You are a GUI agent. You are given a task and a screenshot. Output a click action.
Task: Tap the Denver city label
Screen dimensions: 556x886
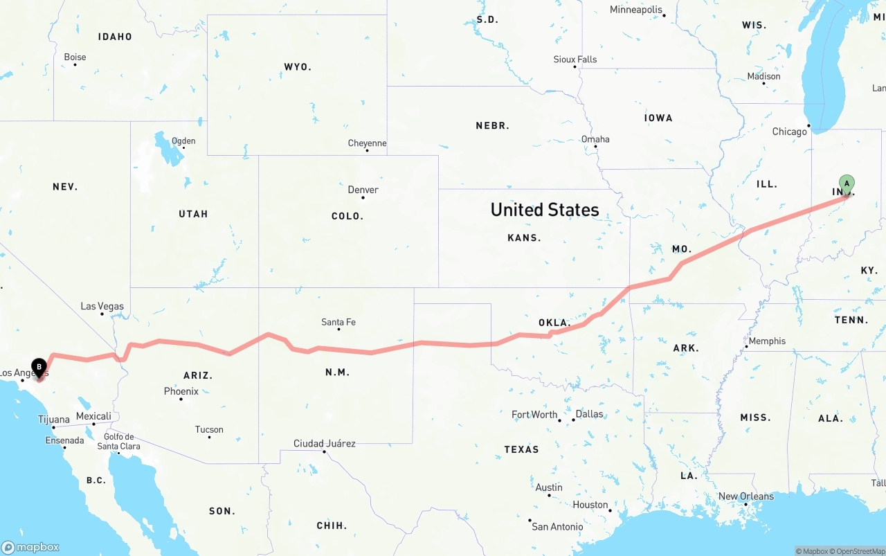coord(363,190)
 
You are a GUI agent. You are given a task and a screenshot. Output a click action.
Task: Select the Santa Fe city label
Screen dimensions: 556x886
coord(338,322)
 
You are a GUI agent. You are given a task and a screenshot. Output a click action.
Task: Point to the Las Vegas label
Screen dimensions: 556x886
coord(102,306)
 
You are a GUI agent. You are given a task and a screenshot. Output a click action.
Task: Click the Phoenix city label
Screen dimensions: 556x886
coord(181,391)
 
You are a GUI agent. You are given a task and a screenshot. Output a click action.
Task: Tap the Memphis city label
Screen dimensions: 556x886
coord(767,341)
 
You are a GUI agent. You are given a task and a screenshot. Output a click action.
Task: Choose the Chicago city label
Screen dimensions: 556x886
coord(790,132)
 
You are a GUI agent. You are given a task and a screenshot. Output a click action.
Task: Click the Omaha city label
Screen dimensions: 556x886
coord(595,139)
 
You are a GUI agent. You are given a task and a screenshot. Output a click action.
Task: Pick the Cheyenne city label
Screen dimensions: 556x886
coord(367,143)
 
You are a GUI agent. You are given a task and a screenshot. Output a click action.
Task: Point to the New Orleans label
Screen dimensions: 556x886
coord(746,496)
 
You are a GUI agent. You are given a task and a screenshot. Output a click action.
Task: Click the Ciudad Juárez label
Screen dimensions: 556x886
coord(324,443)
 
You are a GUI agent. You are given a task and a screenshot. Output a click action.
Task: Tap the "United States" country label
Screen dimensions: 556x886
coord(545,210)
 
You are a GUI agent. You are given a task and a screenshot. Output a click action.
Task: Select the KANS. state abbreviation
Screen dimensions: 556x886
coord(524,237)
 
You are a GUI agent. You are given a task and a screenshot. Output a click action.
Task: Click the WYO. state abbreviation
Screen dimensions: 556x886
coord(298,67)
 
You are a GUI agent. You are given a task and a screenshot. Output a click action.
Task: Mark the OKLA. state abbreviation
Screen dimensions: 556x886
coord(554,323)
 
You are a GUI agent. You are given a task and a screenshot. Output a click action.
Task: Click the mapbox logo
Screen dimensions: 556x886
coord(30,547)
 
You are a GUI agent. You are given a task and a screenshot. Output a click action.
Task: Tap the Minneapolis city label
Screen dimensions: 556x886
coord(636,10)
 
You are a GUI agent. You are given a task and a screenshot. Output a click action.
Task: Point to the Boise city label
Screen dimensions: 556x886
coord(75,57)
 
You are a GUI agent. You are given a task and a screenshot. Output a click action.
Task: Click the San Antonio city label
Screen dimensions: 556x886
coord(557,527)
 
